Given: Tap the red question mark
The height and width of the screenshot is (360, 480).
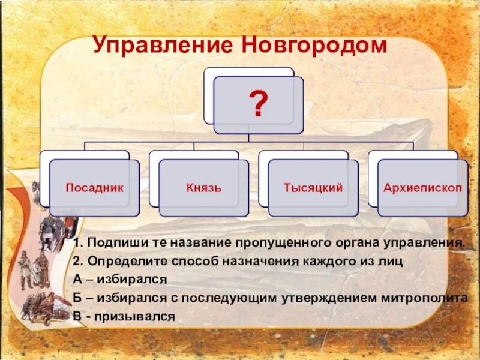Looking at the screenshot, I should click(x=259, y=105).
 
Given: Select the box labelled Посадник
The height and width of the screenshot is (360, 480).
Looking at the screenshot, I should click(x=94, y=188).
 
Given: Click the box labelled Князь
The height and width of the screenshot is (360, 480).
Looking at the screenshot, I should click(x=203, y=188).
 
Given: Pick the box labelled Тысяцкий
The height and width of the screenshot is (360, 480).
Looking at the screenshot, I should click(x=313, y=188).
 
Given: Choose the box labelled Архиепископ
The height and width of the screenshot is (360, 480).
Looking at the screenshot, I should click(x=422, y=188).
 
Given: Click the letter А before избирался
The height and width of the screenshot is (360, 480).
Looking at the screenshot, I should click(x=77, y=280).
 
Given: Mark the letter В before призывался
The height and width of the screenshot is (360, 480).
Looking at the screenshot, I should click(x=77, y=316).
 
